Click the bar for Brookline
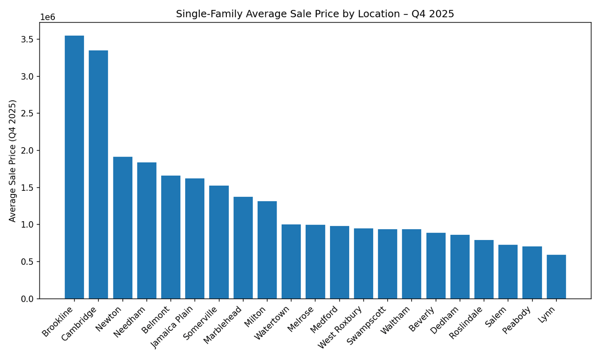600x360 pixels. pos(74,167)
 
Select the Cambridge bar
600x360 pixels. pos(98,174)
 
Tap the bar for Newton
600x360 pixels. pos(122,228)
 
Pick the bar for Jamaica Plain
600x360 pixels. pos(195,239)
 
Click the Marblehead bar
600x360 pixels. pos(243,247)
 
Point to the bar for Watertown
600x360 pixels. pos(291,262)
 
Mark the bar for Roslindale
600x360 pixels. pos(484,270)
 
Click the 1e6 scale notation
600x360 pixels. pos(47,17)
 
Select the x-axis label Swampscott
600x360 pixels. pos(368,325)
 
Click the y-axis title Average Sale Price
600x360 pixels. pos(13,160)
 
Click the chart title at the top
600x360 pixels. pos(315,14)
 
